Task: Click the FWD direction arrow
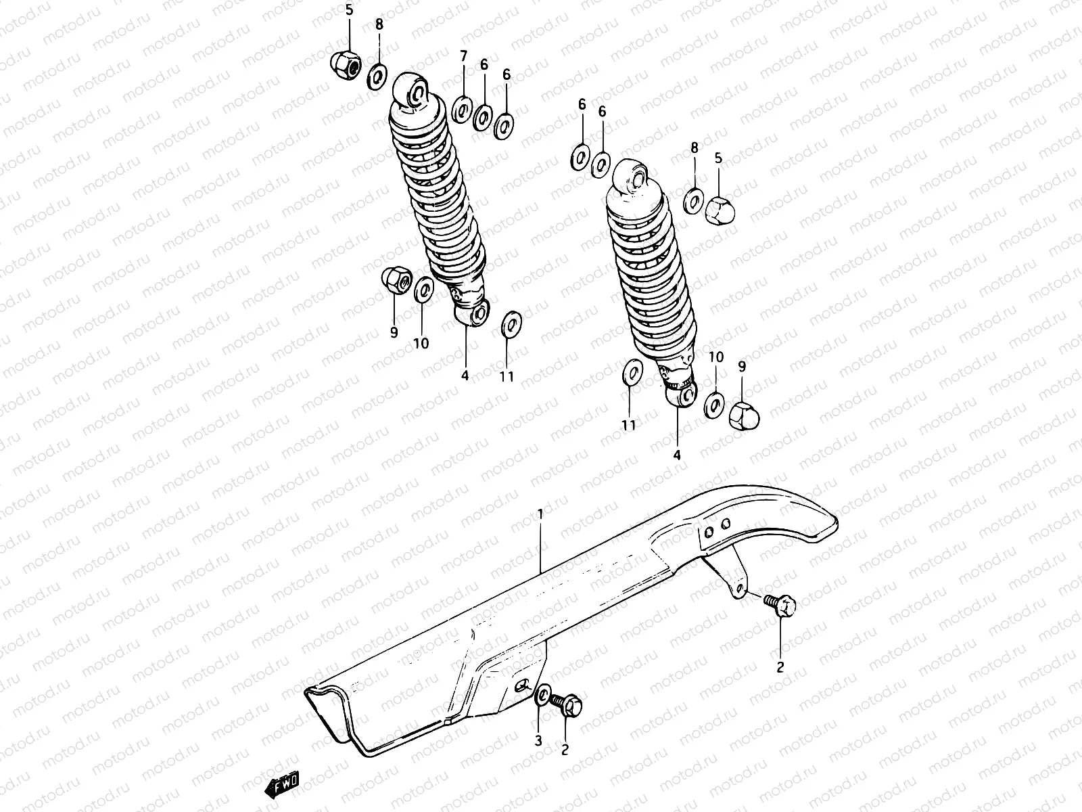283,785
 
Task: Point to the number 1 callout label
540,515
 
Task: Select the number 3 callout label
538,741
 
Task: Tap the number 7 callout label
463,55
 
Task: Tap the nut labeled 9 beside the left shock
394,280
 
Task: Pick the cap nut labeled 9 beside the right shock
743,413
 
